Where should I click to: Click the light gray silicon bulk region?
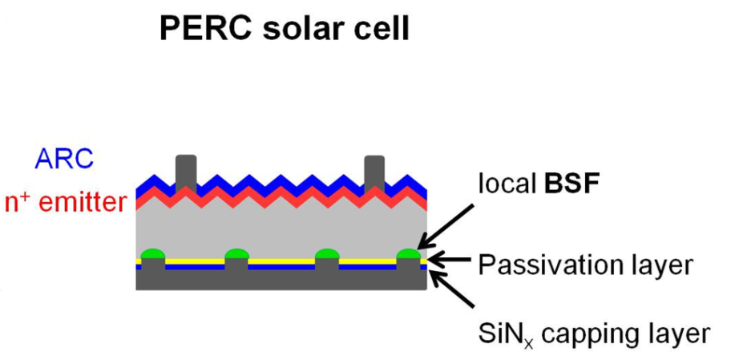(281, 229)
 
